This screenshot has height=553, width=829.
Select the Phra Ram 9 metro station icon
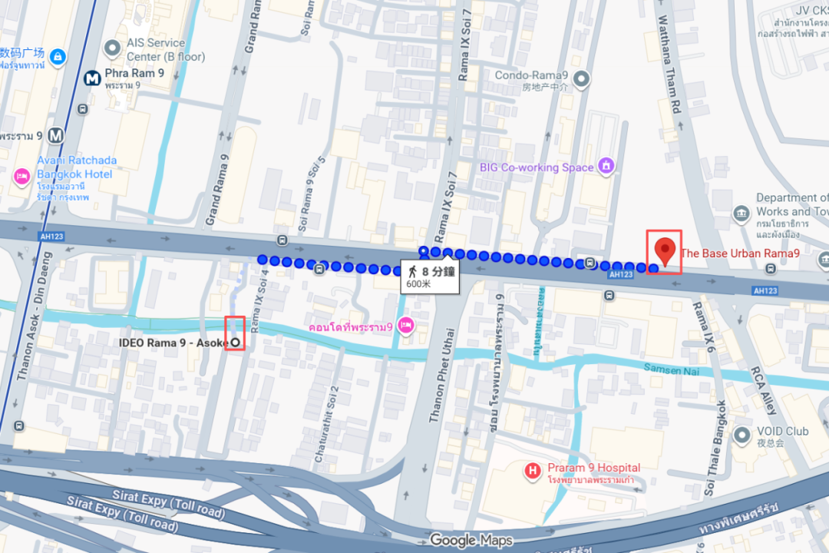(x=92, y=78)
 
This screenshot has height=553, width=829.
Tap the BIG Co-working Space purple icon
(x=607, y=165)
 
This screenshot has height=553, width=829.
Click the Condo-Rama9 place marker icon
(x=581, y=78)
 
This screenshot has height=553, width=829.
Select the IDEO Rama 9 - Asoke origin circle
(x=235, y=342)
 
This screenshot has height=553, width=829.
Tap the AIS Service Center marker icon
(x=113, y=49)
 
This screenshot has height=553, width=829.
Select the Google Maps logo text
(x=470, y=540)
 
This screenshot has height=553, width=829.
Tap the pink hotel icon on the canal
(x=406, y=326)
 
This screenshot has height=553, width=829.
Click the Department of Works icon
(x=741, y=212)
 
